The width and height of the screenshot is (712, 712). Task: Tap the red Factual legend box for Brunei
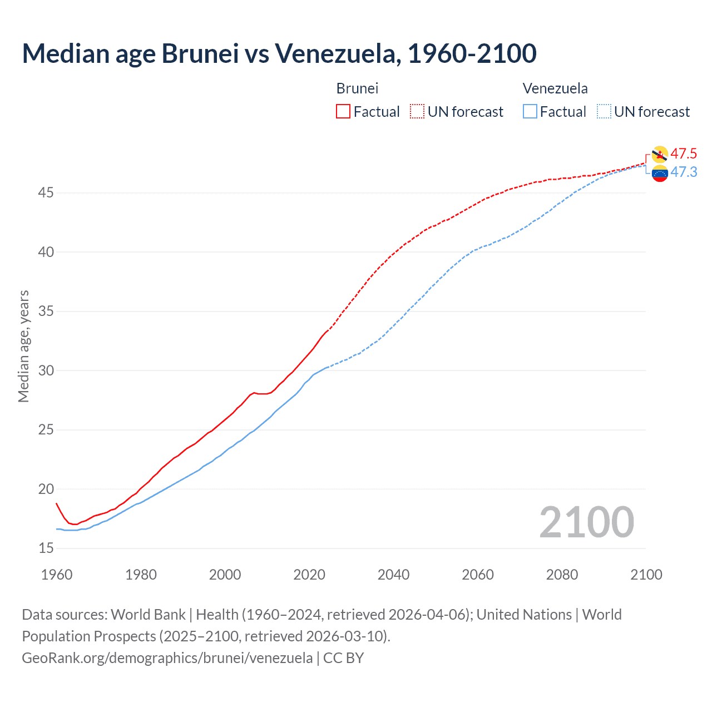pyautogui.click(x=343, y=111)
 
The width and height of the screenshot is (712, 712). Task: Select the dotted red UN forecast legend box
pyautogui.click(x=417, y=111)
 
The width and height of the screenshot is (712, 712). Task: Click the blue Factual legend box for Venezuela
pyautogui.click(x=530, y=111)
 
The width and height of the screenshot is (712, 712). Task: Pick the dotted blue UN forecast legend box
pyautogui.click(x=604, y=111)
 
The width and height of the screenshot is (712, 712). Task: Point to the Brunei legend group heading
pyautogui.click(x=357, y=88)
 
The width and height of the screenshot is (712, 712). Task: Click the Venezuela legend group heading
pyautogui.click(x=555, y=88)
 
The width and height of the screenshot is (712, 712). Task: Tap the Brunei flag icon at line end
pyautogui.click(x=660, y=155)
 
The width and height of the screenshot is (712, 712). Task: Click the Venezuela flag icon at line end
pyautogui.click(x=660, y=174)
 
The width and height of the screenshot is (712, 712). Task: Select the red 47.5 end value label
pyautogui.click(x=684, y=154)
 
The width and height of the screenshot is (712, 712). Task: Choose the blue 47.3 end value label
pyautogui.click(x=684, y=172)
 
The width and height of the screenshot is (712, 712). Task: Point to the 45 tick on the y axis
pyautogui.click(x=46, y=193)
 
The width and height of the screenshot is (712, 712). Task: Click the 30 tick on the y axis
pyautogui.click(x=46, y=370)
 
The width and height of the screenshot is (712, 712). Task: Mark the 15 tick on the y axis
pyautogui.click(x=46, y=548)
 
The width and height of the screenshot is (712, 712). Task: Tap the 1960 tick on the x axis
pyautogui.click(x=57, y=575)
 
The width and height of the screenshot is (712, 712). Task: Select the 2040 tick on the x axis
pyautogui.click(x=393, y=575)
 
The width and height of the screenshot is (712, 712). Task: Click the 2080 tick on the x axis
pyautogui.click(x=562, y=575)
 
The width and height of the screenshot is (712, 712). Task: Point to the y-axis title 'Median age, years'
pyautogui.click(x=23, y=346)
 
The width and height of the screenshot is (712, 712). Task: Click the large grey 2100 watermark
pyautogui.click(x=586, y=522)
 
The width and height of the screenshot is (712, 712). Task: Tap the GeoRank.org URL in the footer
pyautogui.click(x=167, y=658)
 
